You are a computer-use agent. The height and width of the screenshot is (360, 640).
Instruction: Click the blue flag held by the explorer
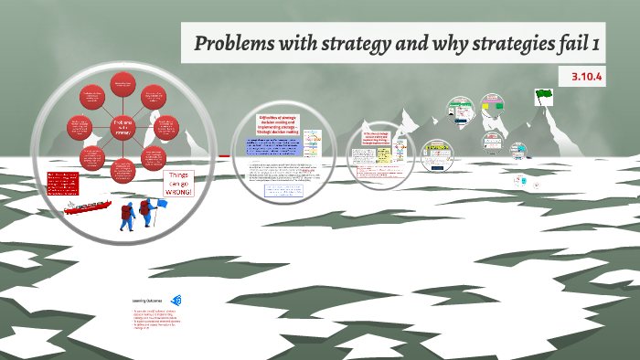tap(156, 196)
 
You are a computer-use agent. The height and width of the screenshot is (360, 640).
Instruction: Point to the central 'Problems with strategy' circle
tap(123, 128)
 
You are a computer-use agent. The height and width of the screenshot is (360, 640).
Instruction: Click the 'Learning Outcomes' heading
tap(148, 300)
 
